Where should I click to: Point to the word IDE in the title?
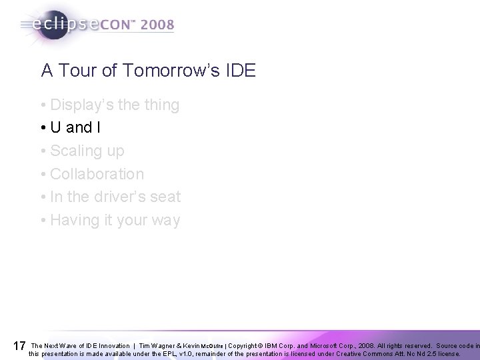(239, 70)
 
